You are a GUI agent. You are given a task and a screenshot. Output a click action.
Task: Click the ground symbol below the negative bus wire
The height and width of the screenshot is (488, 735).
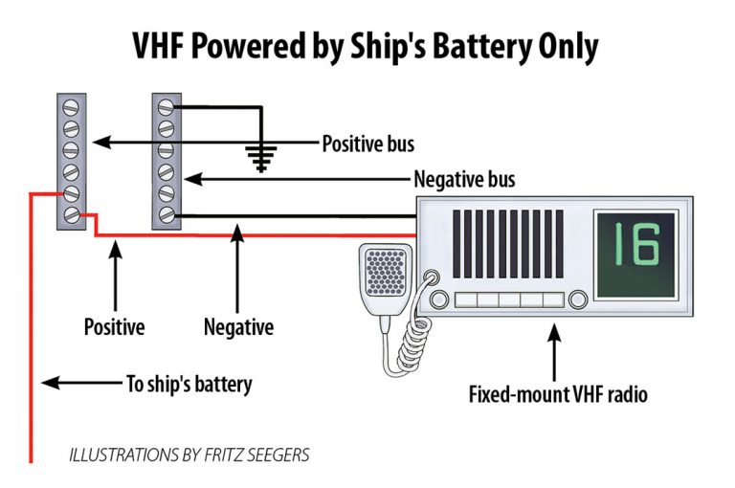[x=261, y=159]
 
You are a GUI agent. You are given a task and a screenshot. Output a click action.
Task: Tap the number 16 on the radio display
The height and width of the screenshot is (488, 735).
[x=636, y=244]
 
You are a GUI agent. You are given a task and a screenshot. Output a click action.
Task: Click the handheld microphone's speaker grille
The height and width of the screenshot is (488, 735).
[x=386, y=273]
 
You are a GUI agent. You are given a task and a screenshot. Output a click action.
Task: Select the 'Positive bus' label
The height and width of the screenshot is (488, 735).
[x=368, y=144]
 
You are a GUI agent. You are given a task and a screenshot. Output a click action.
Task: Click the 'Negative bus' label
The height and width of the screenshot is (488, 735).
[x=464, y=179]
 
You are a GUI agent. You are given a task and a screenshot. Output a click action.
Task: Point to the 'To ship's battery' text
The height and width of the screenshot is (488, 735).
[x=189, y=384]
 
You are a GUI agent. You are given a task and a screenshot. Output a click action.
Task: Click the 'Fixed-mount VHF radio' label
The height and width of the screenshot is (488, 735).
[x=558, y=394]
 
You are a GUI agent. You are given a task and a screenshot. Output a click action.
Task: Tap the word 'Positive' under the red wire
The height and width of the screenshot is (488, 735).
[x=115, y=326]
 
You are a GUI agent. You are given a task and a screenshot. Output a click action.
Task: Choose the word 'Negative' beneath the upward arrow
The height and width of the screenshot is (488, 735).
[x=238, y=326]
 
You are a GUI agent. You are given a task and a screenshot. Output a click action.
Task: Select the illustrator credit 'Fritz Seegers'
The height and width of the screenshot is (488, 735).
[x=256, y=455]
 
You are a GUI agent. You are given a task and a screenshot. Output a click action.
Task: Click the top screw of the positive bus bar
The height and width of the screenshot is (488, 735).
[x=71, y=107]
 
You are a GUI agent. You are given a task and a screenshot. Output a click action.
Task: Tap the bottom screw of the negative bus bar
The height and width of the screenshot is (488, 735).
[x=167, y=215]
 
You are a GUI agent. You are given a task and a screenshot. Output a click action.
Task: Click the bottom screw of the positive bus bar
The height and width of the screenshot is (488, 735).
[x=71, y=215]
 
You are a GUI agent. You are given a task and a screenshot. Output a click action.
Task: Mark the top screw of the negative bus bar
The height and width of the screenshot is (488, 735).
[x=167, y=107]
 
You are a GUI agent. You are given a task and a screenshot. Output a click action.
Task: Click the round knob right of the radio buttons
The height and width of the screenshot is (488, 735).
[x=578, y=299]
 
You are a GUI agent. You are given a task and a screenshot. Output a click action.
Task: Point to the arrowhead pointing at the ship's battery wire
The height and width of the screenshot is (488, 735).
[x=50, y=383]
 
